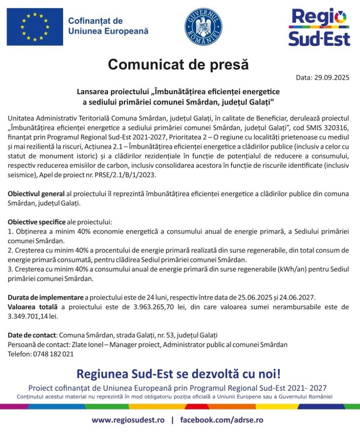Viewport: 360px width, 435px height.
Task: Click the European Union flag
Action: click(x=35, y=27)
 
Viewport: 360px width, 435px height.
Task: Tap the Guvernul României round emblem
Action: click(x=203, y=26)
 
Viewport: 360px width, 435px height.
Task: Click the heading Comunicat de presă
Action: click(x=178, y=64)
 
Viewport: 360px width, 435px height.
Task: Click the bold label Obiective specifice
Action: click(x=36, y=223)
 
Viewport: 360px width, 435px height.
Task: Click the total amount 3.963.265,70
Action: click(x=156, y=307)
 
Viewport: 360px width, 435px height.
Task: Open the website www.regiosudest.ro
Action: click(x=128, y=420)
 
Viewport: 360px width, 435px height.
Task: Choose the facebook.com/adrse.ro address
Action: click(x=222, y=420)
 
